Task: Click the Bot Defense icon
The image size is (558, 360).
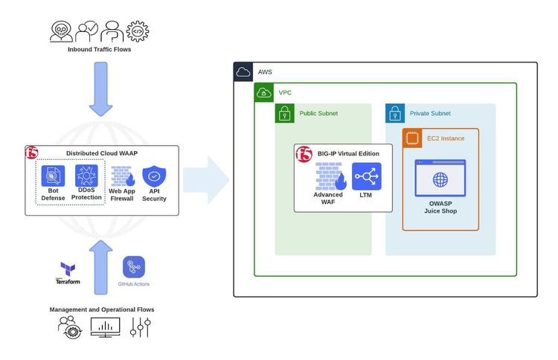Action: (x=53, y=176)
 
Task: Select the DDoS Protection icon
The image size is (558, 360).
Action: (x=87, y=176)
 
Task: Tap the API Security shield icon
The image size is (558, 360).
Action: (x=154, y=176)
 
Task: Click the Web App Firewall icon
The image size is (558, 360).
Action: (x=122, y=176)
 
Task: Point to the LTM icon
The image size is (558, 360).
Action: (x=366, y=176)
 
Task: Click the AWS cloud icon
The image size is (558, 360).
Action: (x=243, y=72)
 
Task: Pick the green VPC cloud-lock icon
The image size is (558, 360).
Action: (x=264, y=93)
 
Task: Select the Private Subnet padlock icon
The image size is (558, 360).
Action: (x=395, y=114)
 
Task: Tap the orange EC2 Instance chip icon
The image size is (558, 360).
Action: (x=413, y=138)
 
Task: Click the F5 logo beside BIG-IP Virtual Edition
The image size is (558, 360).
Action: (x=304, y=154)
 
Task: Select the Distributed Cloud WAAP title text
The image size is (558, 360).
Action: (x=102, y=153)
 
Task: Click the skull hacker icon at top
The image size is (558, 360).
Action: (x=61, y=30)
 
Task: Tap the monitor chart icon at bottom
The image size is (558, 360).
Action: (x=105, y=327)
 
